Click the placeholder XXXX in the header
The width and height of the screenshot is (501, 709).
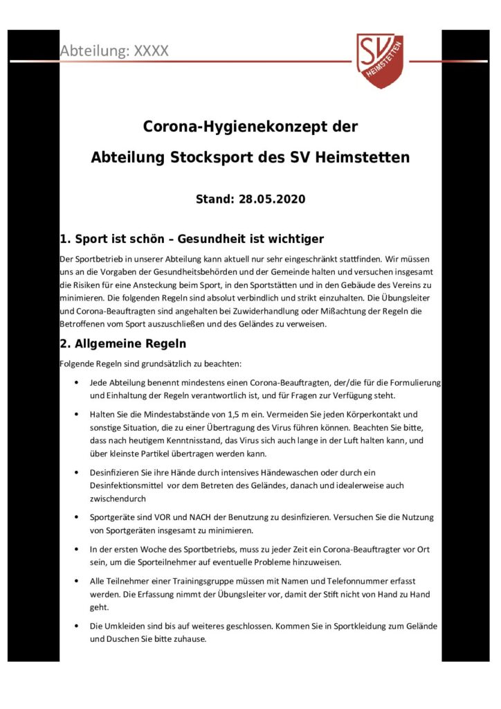click(151, 51)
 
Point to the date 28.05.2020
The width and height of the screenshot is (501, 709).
click(272, 199)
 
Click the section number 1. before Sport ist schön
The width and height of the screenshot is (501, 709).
click(66, 240)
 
